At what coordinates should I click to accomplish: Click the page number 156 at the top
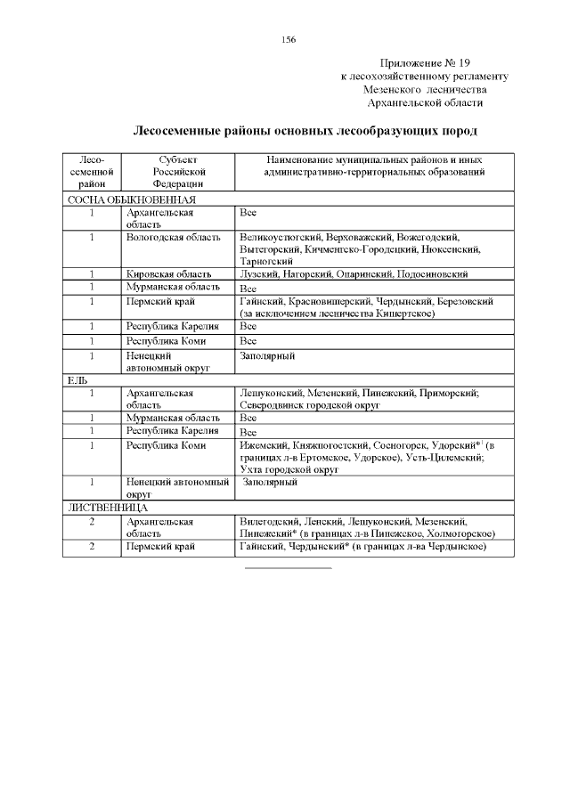288,40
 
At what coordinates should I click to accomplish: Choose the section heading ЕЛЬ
77,379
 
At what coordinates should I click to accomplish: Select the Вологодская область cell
173,238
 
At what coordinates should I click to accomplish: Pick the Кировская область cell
169,274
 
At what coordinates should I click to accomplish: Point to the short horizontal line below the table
288,567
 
